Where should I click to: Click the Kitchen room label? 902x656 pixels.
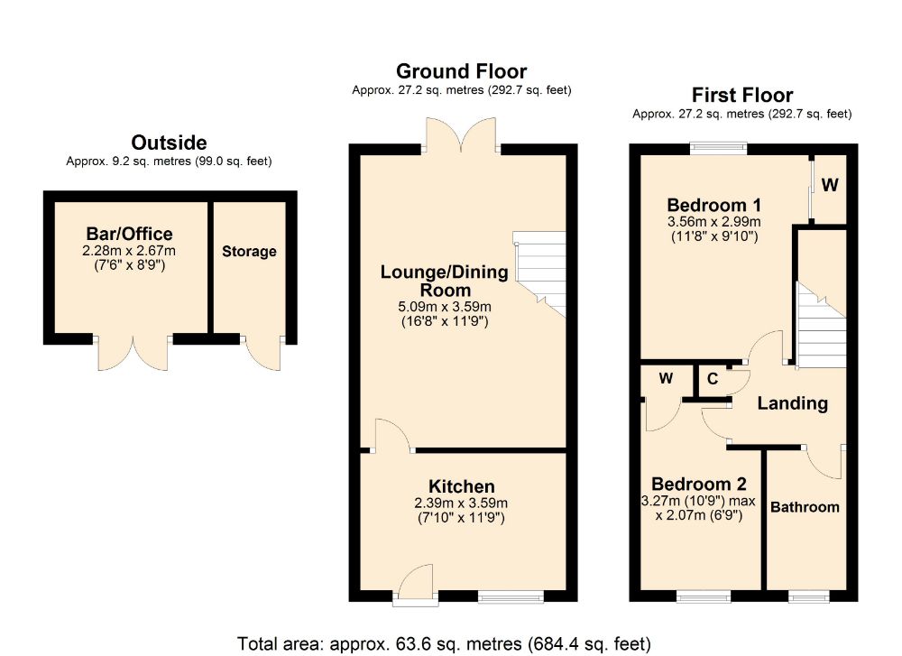[461, 486]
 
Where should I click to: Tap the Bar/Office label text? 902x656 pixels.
[124, 235]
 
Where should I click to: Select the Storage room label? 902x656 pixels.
[249, 251]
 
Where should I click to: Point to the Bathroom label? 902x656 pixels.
[805, 507]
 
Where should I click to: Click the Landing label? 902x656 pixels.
[792, 403]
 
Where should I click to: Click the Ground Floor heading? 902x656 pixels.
[461, 71]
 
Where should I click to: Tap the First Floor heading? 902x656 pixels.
[741, 95]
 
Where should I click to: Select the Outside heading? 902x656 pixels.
[169, 142]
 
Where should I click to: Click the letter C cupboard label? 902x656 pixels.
[713, 379]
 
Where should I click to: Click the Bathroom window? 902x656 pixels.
[808, 596]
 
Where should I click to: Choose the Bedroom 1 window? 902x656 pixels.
[719, 146]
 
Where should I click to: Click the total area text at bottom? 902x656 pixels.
[443, 643]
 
